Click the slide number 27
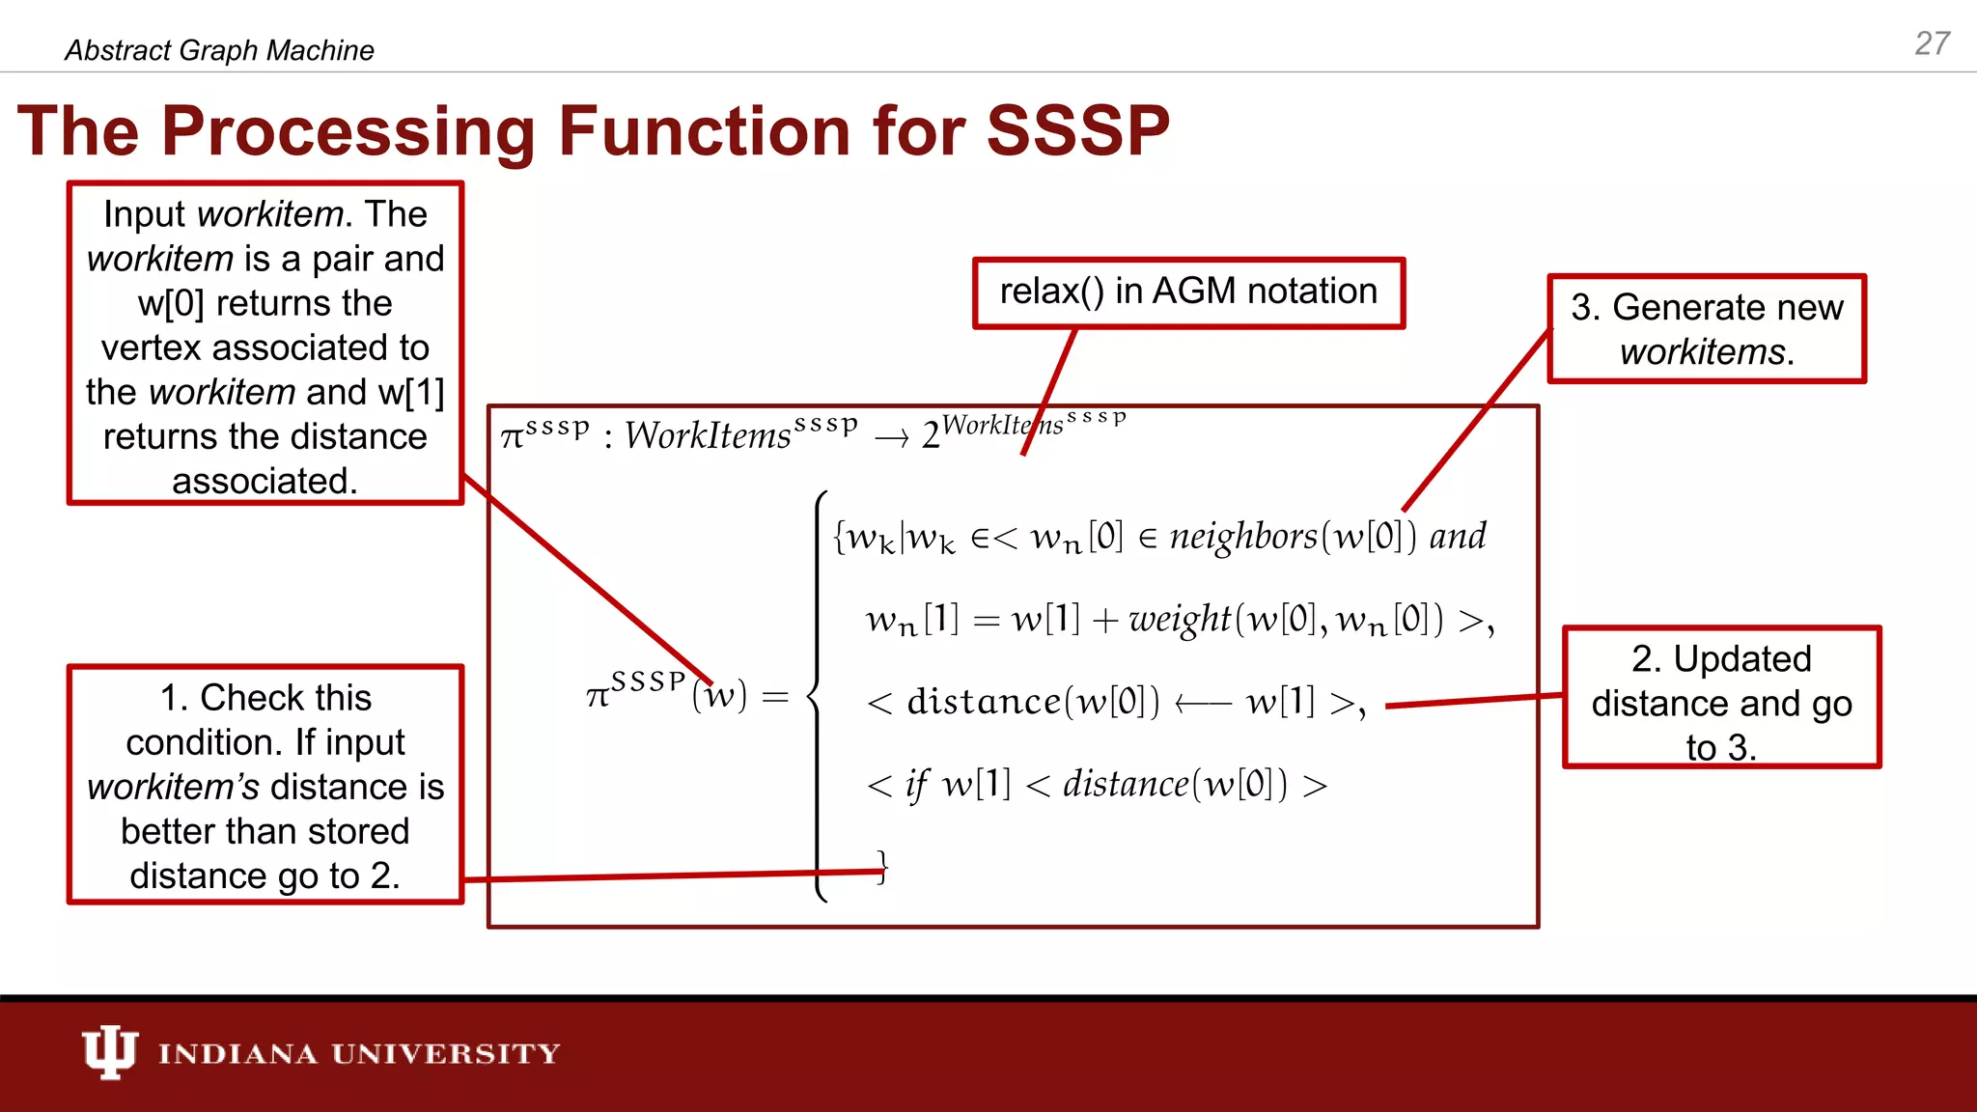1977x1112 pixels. [1932, 43]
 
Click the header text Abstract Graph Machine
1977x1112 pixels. [219, 50]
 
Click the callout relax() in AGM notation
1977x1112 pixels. [1188, 292]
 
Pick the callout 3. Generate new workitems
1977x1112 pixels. [1706, 329]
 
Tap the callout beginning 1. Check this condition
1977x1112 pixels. [265, 785]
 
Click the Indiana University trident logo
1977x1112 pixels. [109, 1051]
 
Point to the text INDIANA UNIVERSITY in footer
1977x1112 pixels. [359, 1053]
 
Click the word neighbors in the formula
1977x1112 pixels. [1243, 536]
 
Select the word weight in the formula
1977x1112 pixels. [1180, 619]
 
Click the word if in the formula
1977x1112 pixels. [916, 785]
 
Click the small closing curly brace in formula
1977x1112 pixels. [880, 866]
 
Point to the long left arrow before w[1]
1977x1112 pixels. [1203, 704]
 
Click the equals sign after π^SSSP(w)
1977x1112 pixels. [775, 696]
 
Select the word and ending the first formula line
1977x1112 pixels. [1458, 536]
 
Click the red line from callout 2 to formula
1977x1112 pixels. [1472, 701]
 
